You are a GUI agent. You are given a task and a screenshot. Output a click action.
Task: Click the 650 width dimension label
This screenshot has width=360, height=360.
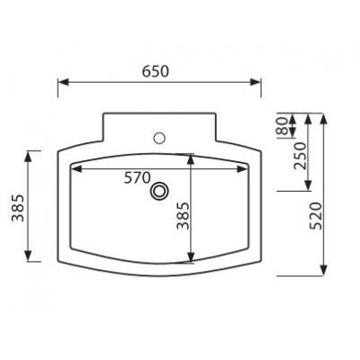(x=156, y=72)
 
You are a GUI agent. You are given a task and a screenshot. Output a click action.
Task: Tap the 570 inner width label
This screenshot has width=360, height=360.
(x=138, y=178)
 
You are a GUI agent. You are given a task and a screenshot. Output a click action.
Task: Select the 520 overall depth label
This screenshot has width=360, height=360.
(x=316, y=216)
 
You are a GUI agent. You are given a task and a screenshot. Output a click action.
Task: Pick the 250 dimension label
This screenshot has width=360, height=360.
(x=301, y=156)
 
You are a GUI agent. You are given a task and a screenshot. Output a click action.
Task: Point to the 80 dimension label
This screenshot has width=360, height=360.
(x=282, y=125)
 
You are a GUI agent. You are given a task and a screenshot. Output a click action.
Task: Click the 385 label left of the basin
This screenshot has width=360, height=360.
(x=18, y=208)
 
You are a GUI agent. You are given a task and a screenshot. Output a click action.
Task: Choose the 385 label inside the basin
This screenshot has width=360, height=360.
(x=183, y=216)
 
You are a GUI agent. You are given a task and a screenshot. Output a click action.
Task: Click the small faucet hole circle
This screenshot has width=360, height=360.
(x=159, y=138)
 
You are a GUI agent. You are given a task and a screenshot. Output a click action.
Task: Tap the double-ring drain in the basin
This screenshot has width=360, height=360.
(x=159, y=191)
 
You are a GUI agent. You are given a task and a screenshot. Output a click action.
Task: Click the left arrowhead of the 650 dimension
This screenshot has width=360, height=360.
(x=63, y=82)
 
